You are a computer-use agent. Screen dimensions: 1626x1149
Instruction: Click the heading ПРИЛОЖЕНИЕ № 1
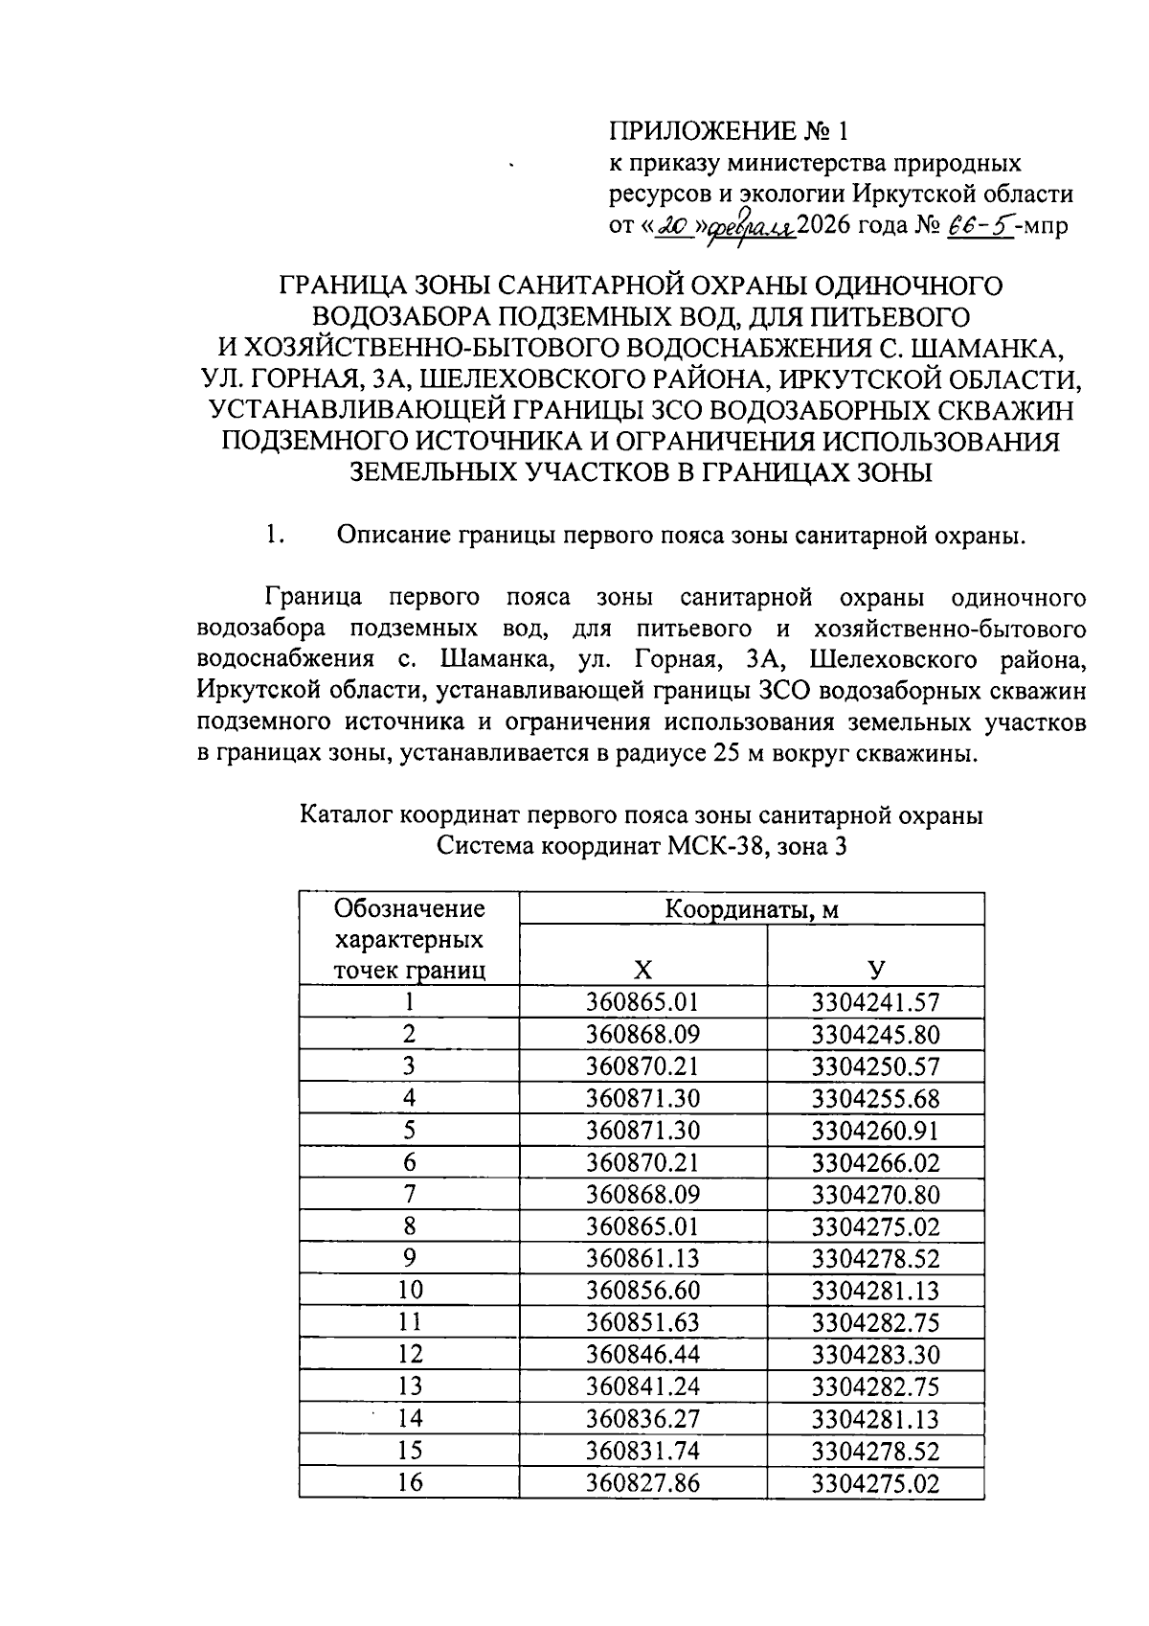pyautogui.click(x=729, y=131)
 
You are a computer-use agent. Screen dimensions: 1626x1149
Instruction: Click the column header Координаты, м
pyautogui.click(x=752, y=909)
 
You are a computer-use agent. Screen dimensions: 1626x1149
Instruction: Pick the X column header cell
pyautogui.click(x=642, y=969)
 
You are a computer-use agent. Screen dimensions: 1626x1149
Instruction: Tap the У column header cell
pyautogui.click(x=875, y=969)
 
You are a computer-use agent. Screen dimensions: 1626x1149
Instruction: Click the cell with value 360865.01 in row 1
pyautogui.click(x=642, y=1002)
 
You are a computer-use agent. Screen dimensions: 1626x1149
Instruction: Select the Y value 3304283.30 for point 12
pyautogui.click(x=875, y=1355)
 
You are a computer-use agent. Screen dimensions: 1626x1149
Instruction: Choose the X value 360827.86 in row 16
pyautogui.click(x=642, y=1483)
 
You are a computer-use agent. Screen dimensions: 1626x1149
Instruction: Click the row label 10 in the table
pyautogui.click(x=409, y=1291)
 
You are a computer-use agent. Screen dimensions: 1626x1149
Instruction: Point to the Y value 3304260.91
pyautogui.click(x=875, y=1131)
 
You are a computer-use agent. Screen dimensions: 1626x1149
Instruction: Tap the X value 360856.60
pyautogui.click(x=642, y=1291)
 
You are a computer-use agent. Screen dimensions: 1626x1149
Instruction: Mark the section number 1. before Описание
pyautogui.click(x=276, y=536)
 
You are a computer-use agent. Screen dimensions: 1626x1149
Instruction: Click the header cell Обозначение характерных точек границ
pyautogui.click(x=409, y=939)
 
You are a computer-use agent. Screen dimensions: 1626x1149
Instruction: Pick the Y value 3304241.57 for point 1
pyautogui.click(x=875, y=1002)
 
